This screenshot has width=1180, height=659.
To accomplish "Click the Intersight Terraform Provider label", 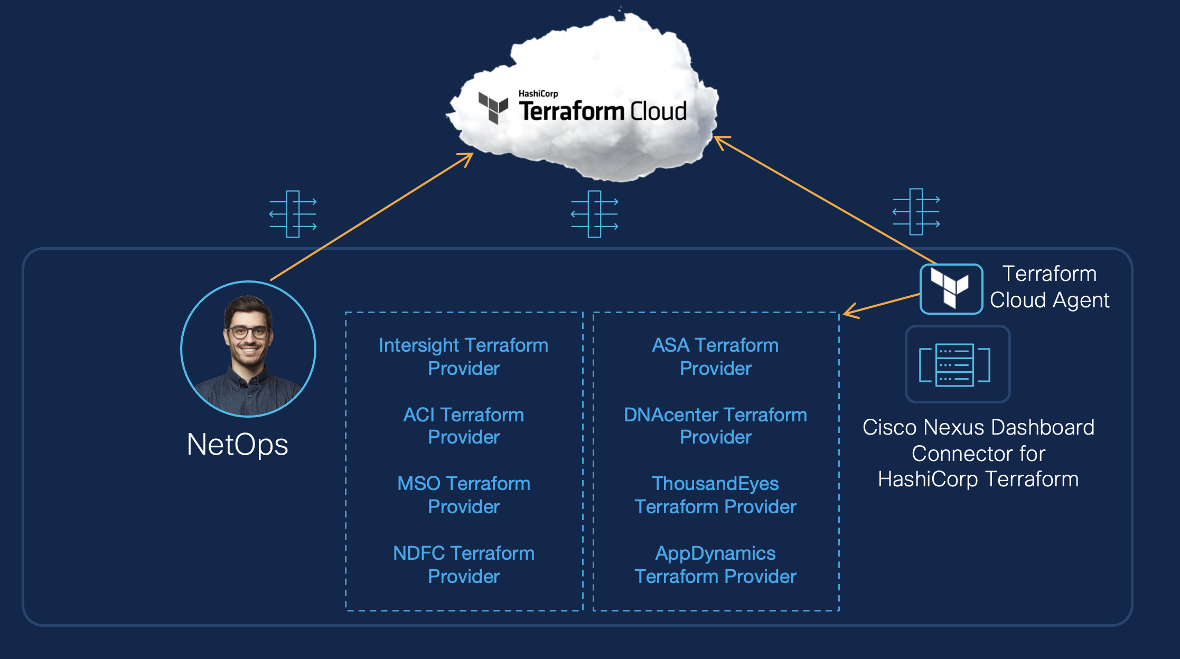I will point(463,356).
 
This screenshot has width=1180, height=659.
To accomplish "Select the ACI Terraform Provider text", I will point(463,426).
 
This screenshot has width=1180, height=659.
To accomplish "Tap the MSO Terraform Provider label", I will point(463,495).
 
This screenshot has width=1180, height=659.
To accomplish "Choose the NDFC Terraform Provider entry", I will point(463,564).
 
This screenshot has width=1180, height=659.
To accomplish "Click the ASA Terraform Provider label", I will point(715,356).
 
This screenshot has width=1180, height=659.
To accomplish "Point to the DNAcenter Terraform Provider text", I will point(715,426).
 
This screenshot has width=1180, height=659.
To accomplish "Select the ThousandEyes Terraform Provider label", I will point(715,495).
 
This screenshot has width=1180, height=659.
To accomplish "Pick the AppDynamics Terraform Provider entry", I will point(715,564).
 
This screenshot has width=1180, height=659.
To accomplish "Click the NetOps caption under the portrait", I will point(238,444).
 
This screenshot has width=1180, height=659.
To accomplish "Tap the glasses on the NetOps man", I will point(247,333).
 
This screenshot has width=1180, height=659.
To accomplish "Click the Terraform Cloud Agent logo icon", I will point(951,289).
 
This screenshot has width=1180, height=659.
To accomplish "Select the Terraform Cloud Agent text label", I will point(1049,287).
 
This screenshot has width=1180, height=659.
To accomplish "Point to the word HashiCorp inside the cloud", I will point(538,93).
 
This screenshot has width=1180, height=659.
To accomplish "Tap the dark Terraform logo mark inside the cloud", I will point(493,107).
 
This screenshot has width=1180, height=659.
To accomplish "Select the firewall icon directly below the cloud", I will point(595,214).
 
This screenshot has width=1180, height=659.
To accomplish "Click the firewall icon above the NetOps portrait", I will point(293,214).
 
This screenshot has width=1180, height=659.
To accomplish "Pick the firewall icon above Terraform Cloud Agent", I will point(916,211).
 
